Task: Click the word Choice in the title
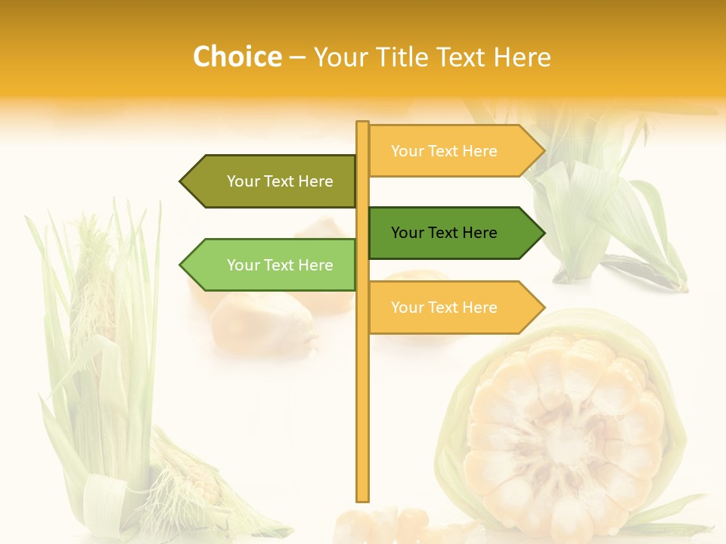tap(237, 57)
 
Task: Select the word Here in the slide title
tap(523, 57)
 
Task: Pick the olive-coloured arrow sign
tap(268, 181)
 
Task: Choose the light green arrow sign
tap(268, 265)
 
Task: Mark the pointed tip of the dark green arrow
tap(542, 233)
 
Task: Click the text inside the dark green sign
tap(444, 233)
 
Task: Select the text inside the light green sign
tap(280, 265)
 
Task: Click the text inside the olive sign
tap(280, 181)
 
